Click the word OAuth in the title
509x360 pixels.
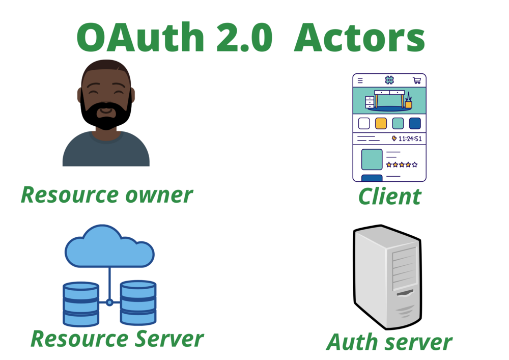click(140, 37)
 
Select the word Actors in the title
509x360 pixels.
click(359, 38)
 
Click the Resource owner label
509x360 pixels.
click(107, 195)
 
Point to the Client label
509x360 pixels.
click(389, 197)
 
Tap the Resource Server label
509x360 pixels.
click(117, 339)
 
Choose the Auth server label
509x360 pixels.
click(389, 342)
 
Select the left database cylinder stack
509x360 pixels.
click(81, 304)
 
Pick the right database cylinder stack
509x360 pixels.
click(138, 303)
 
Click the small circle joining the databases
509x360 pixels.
click(110, 302)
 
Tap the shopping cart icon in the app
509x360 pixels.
click(417, 80)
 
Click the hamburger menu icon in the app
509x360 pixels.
click(360, 80)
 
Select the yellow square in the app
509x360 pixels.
click(381, 123)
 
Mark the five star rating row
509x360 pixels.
click(402, 165)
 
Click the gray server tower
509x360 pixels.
click(387, 276)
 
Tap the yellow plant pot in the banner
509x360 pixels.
click(408, 104)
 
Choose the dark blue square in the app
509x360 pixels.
click(415, 123)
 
